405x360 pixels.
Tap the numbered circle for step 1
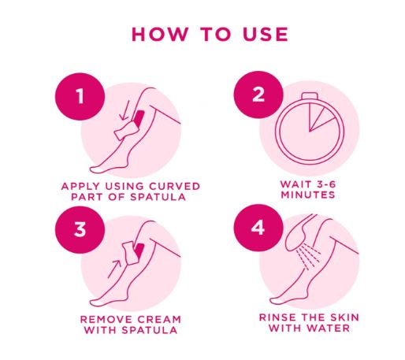tap(79, 96)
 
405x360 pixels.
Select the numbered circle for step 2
tap(258, 96)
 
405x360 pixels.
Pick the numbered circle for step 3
tap(79, 230)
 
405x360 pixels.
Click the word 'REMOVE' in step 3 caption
tap(105, 318)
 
